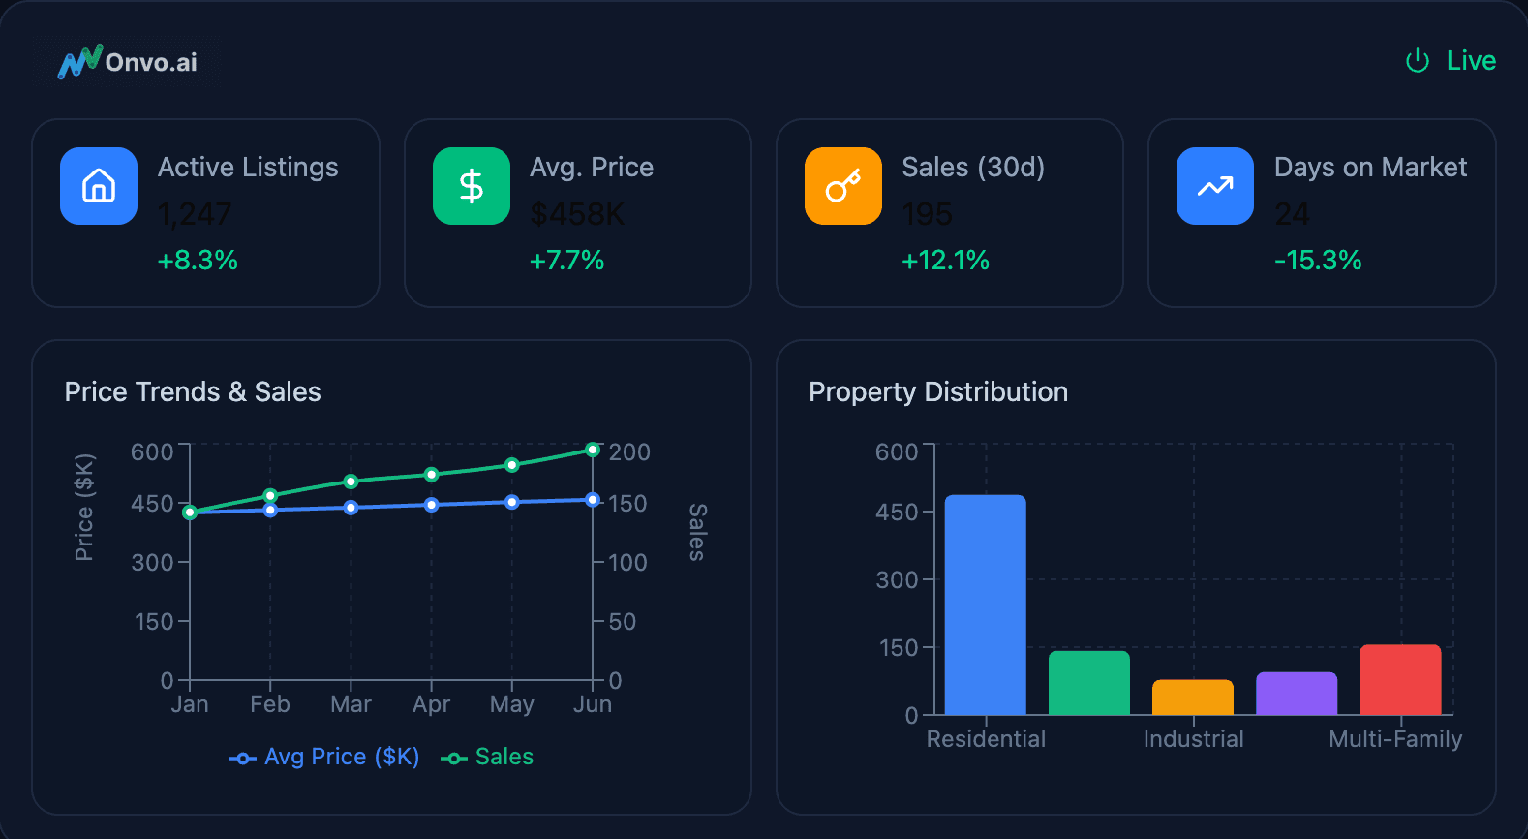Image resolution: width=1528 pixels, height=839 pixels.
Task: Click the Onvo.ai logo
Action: tap(128, 62)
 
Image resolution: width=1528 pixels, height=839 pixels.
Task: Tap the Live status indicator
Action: tap(1451, 61)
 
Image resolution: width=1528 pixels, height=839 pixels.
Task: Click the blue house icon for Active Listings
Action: tap(99, 186)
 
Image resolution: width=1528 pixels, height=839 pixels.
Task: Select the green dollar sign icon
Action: tap(472, 186)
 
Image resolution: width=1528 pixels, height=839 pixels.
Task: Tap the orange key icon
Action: tap(843, 186)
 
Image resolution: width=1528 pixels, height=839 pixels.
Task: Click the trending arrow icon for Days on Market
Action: tap(1215, 186)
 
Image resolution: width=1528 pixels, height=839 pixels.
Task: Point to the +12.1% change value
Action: tap(945, 261)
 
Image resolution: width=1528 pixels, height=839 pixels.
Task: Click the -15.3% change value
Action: tap(1318, 261)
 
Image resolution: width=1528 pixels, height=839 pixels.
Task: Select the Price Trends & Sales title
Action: tap(193, 391)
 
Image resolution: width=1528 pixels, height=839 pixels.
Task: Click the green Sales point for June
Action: tap(593, 450)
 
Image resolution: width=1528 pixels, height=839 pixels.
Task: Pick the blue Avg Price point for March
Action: tap(351, 508)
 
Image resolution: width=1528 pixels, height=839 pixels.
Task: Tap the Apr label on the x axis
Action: tap(431, 704)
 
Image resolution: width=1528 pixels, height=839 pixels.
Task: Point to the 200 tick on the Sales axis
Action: tap(629, 452)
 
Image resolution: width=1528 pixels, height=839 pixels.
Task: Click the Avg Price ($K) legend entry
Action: tap(324, 757)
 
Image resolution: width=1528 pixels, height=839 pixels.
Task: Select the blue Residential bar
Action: tap(985, 606)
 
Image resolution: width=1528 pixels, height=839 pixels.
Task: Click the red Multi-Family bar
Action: tap(1400, 680)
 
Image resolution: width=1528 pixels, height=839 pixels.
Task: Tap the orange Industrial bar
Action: tap(1193, 698)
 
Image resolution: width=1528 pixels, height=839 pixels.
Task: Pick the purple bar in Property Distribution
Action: tap(1297, 694)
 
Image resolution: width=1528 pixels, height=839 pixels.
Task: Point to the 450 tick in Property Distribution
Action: tap(897, 513)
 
